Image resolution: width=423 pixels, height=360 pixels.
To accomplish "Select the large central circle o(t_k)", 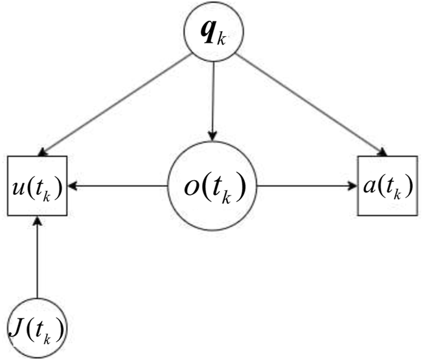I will tap(213, 187).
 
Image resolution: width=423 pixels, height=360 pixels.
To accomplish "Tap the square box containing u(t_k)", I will tap(38, 186).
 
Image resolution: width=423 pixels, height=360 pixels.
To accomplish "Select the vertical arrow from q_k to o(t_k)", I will tap(213, 98).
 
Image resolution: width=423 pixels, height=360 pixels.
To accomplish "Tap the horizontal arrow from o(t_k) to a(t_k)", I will tap(307, 186).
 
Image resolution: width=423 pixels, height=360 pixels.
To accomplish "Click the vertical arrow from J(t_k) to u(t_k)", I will tap(38, 258).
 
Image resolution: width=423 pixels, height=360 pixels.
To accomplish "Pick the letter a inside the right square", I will tap(368, 188).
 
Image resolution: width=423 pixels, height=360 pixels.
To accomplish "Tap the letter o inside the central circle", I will tap(192, 188).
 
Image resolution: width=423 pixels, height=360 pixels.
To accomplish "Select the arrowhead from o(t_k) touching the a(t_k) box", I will tap(352, 186).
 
